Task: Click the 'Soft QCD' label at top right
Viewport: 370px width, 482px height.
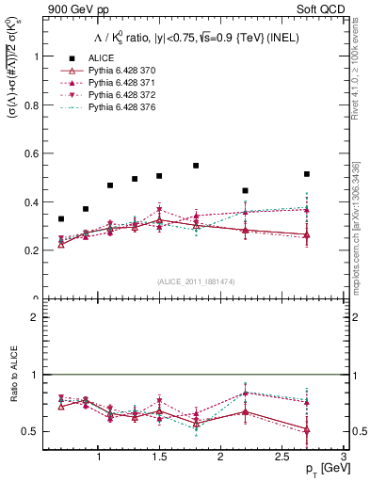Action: (x=320, y=10)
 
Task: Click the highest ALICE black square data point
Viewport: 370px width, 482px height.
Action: (x=196, y=166)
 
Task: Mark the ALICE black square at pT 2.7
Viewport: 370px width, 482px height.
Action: (x=307, y=174)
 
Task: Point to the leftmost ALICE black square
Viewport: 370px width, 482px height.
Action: (x=61, y=219)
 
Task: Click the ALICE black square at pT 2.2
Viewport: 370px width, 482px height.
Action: (x=245, y=191)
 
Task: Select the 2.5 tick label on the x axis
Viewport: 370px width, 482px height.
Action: (x=282, y=457)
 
